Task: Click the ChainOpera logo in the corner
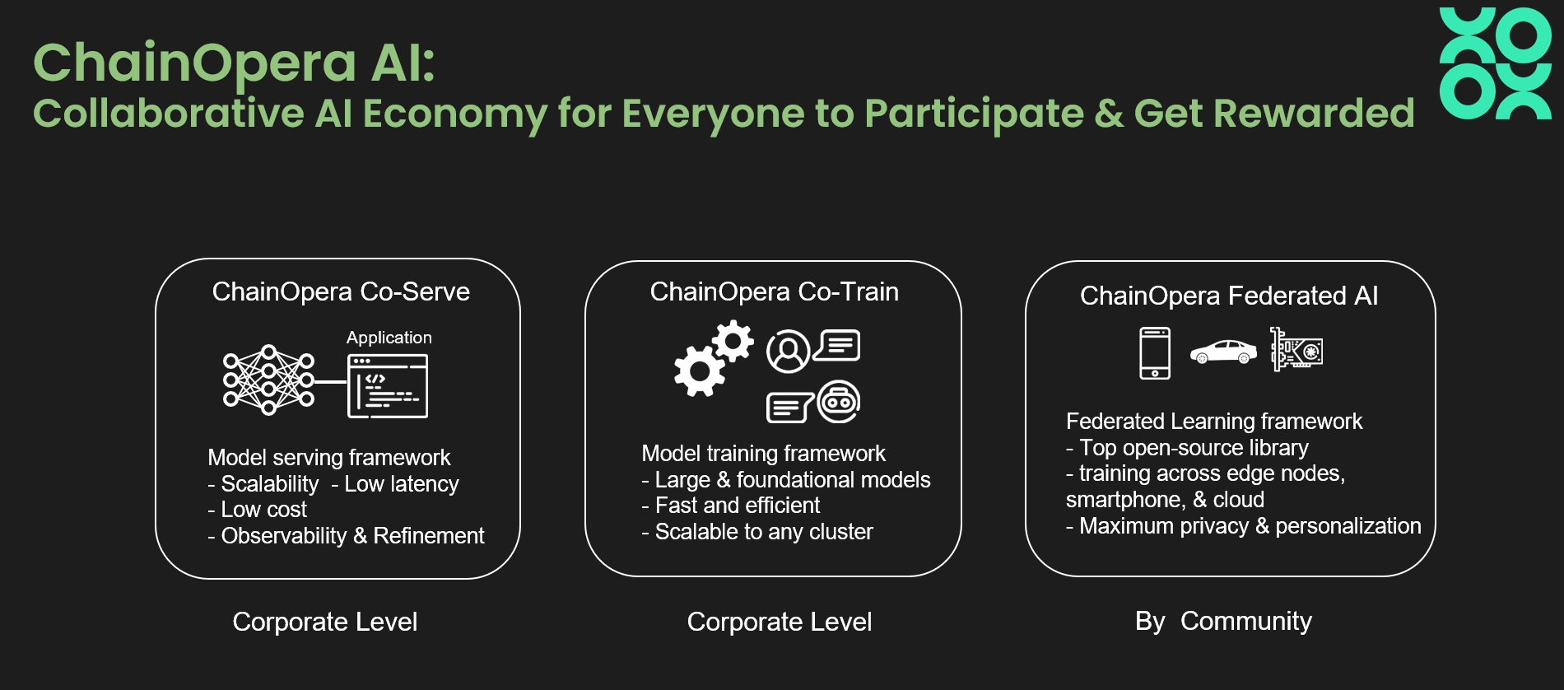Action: click(1495, 63)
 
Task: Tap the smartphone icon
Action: click(1155, 353)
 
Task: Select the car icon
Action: click(1223, 352)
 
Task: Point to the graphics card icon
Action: click(1296, 350)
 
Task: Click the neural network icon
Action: click(268, 380)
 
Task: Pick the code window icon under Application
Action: click(388, 386)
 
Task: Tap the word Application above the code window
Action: click(389, 338)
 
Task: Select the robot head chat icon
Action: click(839, 402)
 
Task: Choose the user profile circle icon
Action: click(789, 352)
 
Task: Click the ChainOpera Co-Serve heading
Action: click(341, 291)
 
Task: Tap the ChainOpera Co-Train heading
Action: click(774, 291)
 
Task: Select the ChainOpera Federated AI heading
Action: click(1229, 296)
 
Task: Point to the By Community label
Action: click(1223, 621)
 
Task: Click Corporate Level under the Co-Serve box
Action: click(325, 622)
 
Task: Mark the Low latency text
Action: click(402, 484)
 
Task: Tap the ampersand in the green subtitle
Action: click(1109, 114)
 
